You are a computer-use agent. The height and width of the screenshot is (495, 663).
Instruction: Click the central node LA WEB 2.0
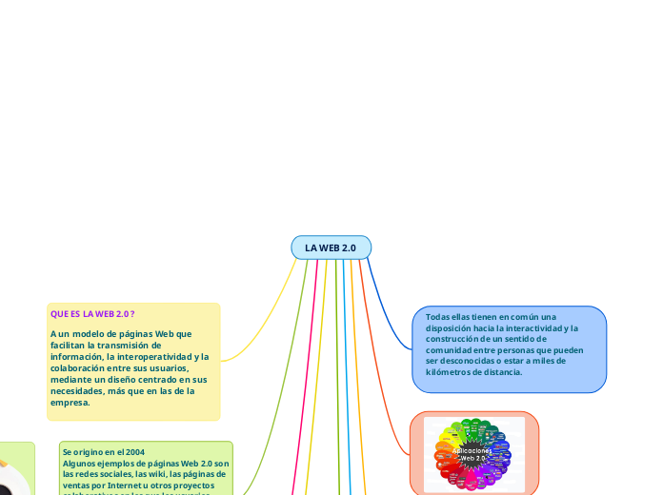(x=331, y=247)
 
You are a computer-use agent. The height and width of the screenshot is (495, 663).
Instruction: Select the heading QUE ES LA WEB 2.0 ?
(x=92, y=313)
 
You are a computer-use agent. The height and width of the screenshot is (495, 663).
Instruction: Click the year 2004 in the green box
(x=135, y=452)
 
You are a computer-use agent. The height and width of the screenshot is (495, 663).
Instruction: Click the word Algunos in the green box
(x=80, y=464)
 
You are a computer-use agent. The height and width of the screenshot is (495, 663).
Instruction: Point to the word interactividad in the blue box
(x=546, y=327)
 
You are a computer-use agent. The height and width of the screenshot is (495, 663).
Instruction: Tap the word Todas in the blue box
(x=438, y=317)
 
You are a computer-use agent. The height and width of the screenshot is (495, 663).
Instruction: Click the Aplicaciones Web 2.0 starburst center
(x=473, y=454)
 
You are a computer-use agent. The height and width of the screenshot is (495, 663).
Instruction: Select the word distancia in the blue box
(x=501, y=372)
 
